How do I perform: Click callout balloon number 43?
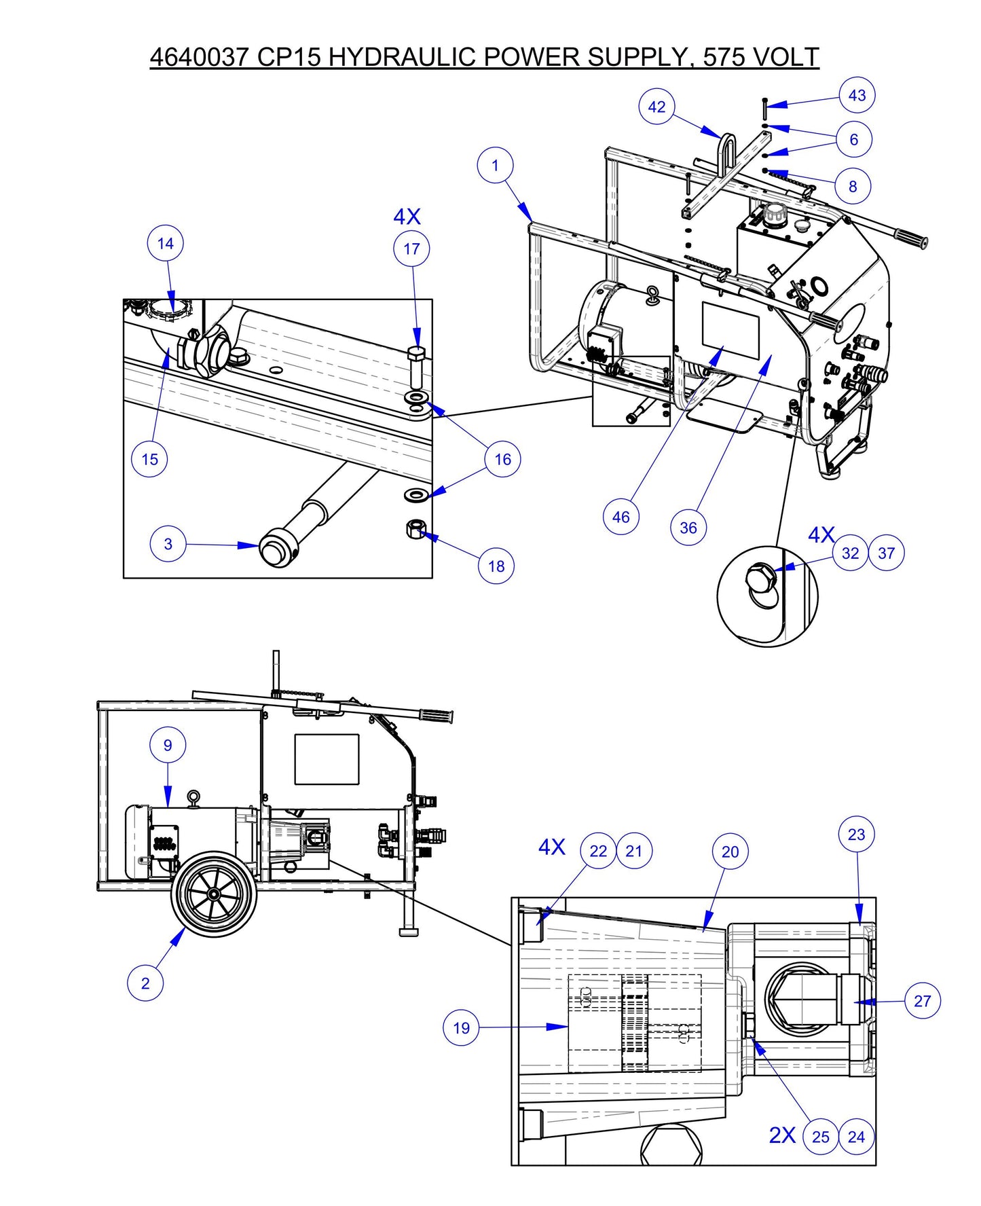coord(857,95)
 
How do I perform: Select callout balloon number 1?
coord(495,165)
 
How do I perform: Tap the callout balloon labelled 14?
coord(166,244)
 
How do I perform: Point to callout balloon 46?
coord(621,517)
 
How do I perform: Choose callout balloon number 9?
coord(168,745)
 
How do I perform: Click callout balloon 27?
coord(923,1000)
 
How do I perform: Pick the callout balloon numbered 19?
coord(461,1027)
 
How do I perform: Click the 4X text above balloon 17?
coord(407,217)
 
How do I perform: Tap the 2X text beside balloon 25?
coord(782,1135)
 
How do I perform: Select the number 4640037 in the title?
coord(200,57)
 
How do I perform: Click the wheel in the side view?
coord(215,895)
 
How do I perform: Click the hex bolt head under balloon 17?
coord(416,354)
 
